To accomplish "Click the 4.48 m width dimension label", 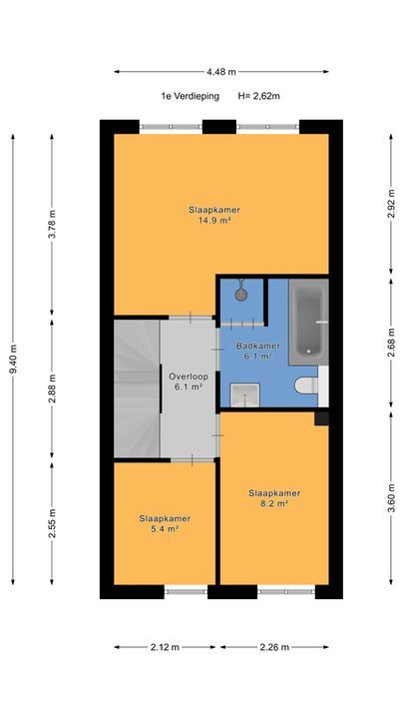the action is point(221,72).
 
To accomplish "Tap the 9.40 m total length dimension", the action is point(13,359).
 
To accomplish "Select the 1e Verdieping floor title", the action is point(191,96).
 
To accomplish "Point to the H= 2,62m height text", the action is point(258,96).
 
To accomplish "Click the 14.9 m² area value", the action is point(214,221).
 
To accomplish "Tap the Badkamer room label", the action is point(257,346).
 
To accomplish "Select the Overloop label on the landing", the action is point(189,376).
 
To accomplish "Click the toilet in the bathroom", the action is point(306,385).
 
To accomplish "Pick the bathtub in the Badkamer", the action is point(308,322).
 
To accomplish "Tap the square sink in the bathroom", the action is point(244,395).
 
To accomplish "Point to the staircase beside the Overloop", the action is point(137,388).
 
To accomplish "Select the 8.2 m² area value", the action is point(275,503).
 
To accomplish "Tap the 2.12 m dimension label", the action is point(165,647).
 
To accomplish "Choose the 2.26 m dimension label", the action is point(274,647).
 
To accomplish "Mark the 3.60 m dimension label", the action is point(391,498).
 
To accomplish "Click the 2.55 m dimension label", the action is point(52,523).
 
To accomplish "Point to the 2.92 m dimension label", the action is point(391,204).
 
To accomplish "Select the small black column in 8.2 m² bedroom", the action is point(321,418).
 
